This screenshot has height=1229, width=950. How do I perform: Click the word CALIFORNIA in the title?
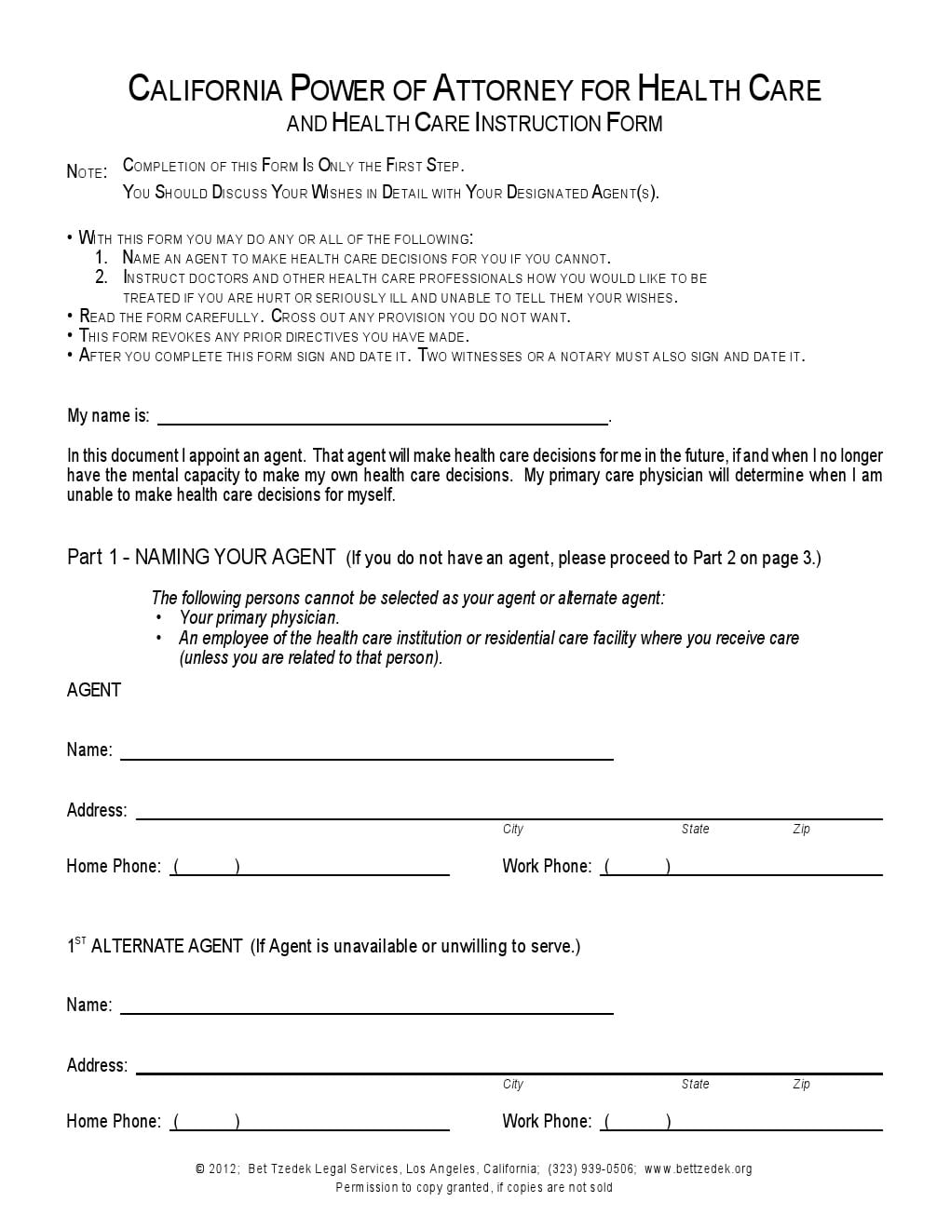tap(205, 89)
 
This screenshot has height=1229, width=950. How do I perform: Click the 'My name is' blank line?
tap(382, 416)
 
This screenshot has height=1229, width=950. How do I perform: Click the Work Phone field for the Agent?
tap(741, 867)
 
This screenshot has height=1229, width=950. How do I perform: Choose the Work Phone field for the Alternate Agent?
tap(741, 1122)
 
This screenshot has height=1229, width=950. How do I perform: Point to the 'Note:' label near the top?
tap(87, 171)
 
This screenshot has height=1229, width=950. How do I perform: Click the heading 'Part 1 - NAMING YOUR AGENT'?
tap(201, 558)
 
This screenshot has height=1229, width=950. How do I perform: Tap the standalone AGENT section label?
tap(94, 690)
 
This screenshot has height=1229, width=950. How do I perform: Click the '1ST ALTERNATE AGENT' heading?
tap(156, 946)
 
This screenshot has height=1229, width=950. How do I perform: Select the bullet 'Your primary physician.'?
tap(259, 617)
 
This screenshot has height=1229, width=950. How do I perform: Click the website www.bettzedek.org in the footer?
tap(698, 1168)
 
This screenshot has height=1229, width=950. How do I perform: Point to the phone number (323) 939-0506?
tap(591, 1168)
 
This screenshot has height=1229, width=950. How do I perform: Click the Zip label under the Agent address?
tap(801, 829)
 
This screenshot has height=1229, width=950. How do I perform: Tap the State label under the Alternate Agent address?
tap(695, 1084)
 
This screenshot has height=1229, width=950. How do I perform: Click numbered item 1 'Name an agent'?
tap(366, 258)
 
